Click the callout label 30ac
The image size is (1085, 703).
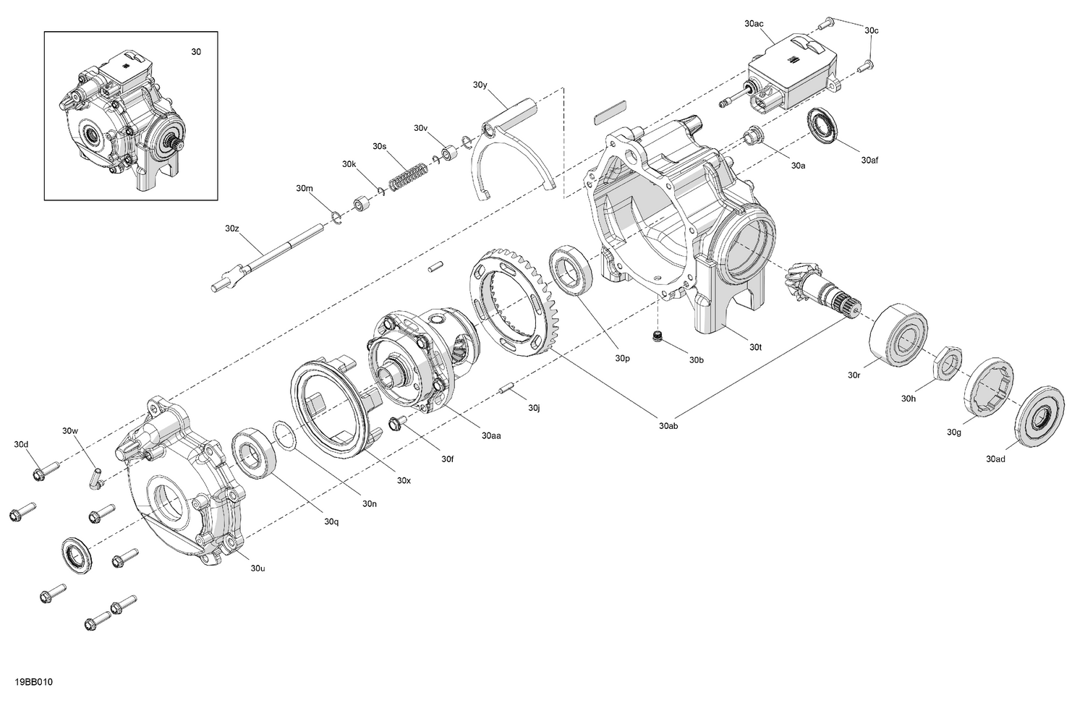point(754,24)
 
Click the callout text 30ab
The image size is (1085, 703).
point(668,426)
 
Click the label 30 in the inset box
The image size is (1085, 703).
point(196,52)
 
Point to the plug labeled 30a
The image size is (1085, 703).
point(752,135)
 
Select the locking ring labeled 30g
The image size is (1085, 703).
point(987,388)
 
